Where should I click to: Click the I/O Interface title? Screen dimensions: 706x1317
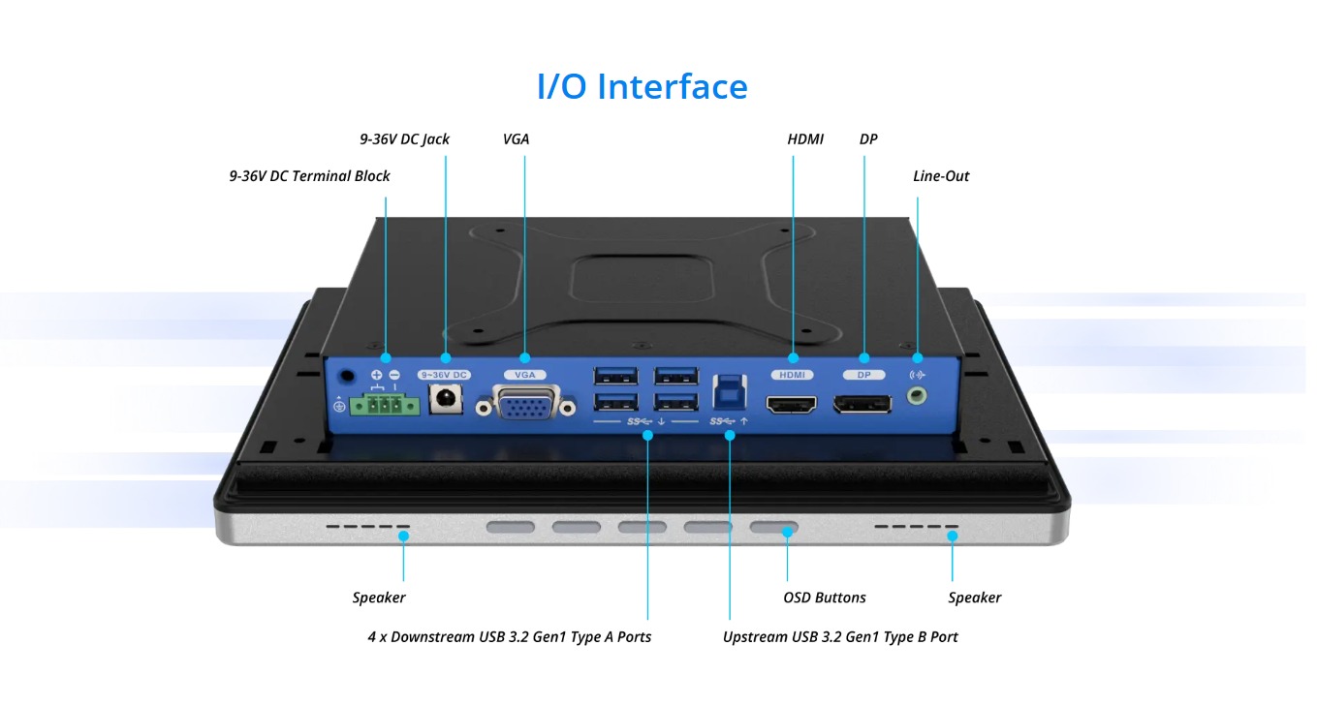[x=642, y=86]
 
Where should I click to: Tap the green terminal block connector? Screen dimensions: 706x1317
[x=385, y=405]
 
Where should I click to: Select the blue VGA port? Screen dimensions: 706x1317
[x=526, y=403]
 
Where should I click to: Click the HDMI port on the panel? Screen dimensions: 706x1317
[x=792, y=404]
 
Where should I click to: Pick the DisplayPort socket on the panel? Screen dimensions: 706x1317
[x=863, y=404]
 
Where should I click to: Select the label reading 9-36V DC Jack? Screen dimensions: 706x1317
[x=404, y=139]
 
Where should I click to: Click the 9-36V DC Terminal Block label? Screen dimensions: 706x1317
[x=309, y=176]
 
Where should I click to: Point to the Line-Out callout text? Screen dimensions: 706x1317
[x=941, y=176]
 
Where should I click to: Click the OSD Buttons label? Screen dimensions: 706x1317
[x=824, y=598]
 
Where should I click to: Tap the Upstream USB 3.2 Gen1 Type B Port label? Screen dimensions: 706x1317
[x=840, y=637]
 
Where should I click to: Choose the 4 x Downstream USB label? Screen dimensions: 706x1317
[x=509, y=637]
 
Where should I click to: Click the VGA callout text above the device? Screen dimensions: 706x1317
[x=516, y=139]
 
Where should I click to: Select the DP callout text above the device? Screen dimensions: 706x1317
[x=868, y=139]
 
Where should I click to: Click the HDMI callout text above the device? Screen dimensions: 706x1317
[x=805, y=139]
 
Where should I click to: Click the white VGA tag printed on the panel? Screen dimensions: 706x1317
[x=524, y=374]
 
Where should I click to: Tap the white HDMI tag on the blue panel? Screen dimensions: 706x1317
[x=792, y=374]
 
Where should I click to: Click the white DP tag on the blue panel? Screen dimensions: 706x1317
[x=863, y=374]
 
